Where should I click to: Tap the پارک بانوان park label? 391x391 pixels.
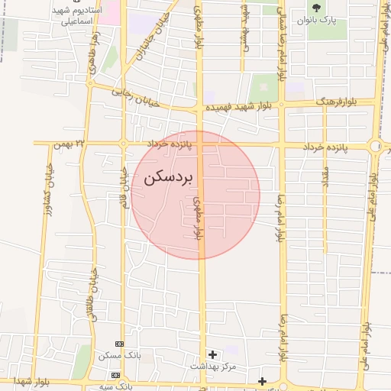coord(316,21)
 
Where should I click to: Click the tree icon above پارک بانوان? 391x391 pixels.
coord(316,8)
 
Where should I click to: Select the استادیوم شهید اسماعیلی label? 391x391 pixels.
coord(73,18)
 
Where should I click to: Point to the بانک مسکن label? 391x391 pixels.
coord(115,356)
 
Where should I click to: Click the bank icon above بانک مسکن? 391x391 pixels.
coord(118,344)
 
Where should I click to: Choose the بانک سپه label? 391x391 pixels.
coord(115,386)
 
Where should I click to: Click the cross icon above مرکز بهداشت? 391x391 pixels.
coord(212,354)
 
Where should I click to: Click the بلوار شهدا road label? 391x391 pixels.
coord(31,380)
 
